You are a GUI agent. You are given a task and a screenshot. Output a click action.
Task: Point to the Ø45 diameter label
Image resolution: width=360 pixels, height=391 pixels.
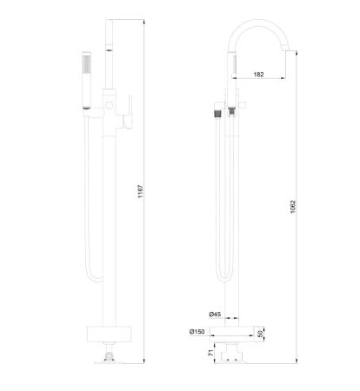pyautogui.click(x=215, y=314)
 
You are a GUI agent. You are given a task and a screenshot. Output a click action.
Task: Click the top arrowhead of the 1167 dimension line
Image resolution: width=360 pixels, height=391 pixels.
pyautogui.click(x=143, y=19)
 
